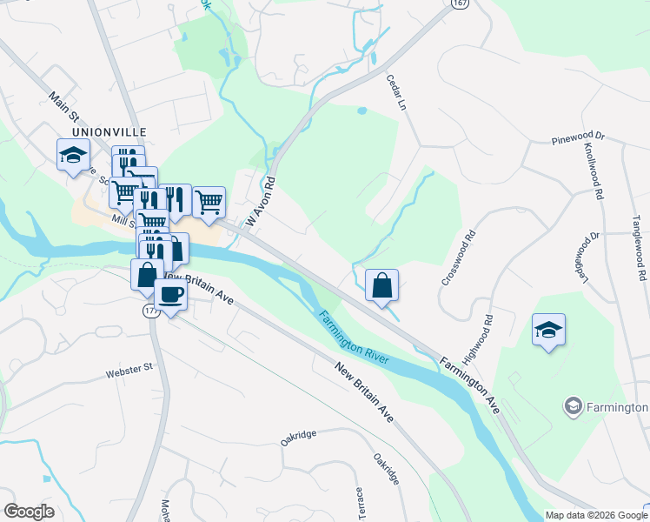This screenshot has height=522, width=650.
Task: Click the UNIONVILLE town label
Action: pyautogui.click(x=109, y=131)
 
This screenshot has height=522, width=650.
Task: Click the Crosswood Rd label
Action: pyautogui.click(x=460, y=258)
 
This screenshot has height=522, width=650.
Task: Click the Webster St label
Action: pyautogui.click(x=129, y=371)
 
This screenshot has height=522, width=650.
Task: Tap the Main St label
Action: pyautogui.click(x=64, y=108)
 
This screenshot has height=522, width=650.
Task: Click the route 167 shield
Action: pyautogui.click(x=460, y=4)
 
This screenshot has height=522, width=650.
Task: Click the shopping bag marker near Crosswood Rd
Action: pyautogui.click(x=382, y=285)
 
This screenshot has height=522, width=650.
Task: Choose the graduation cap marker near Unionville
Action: pyautogui.click(x=74, y=156)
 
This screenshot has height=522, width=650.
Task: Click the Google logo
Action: pyautogui.click(x=29, y=512)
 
